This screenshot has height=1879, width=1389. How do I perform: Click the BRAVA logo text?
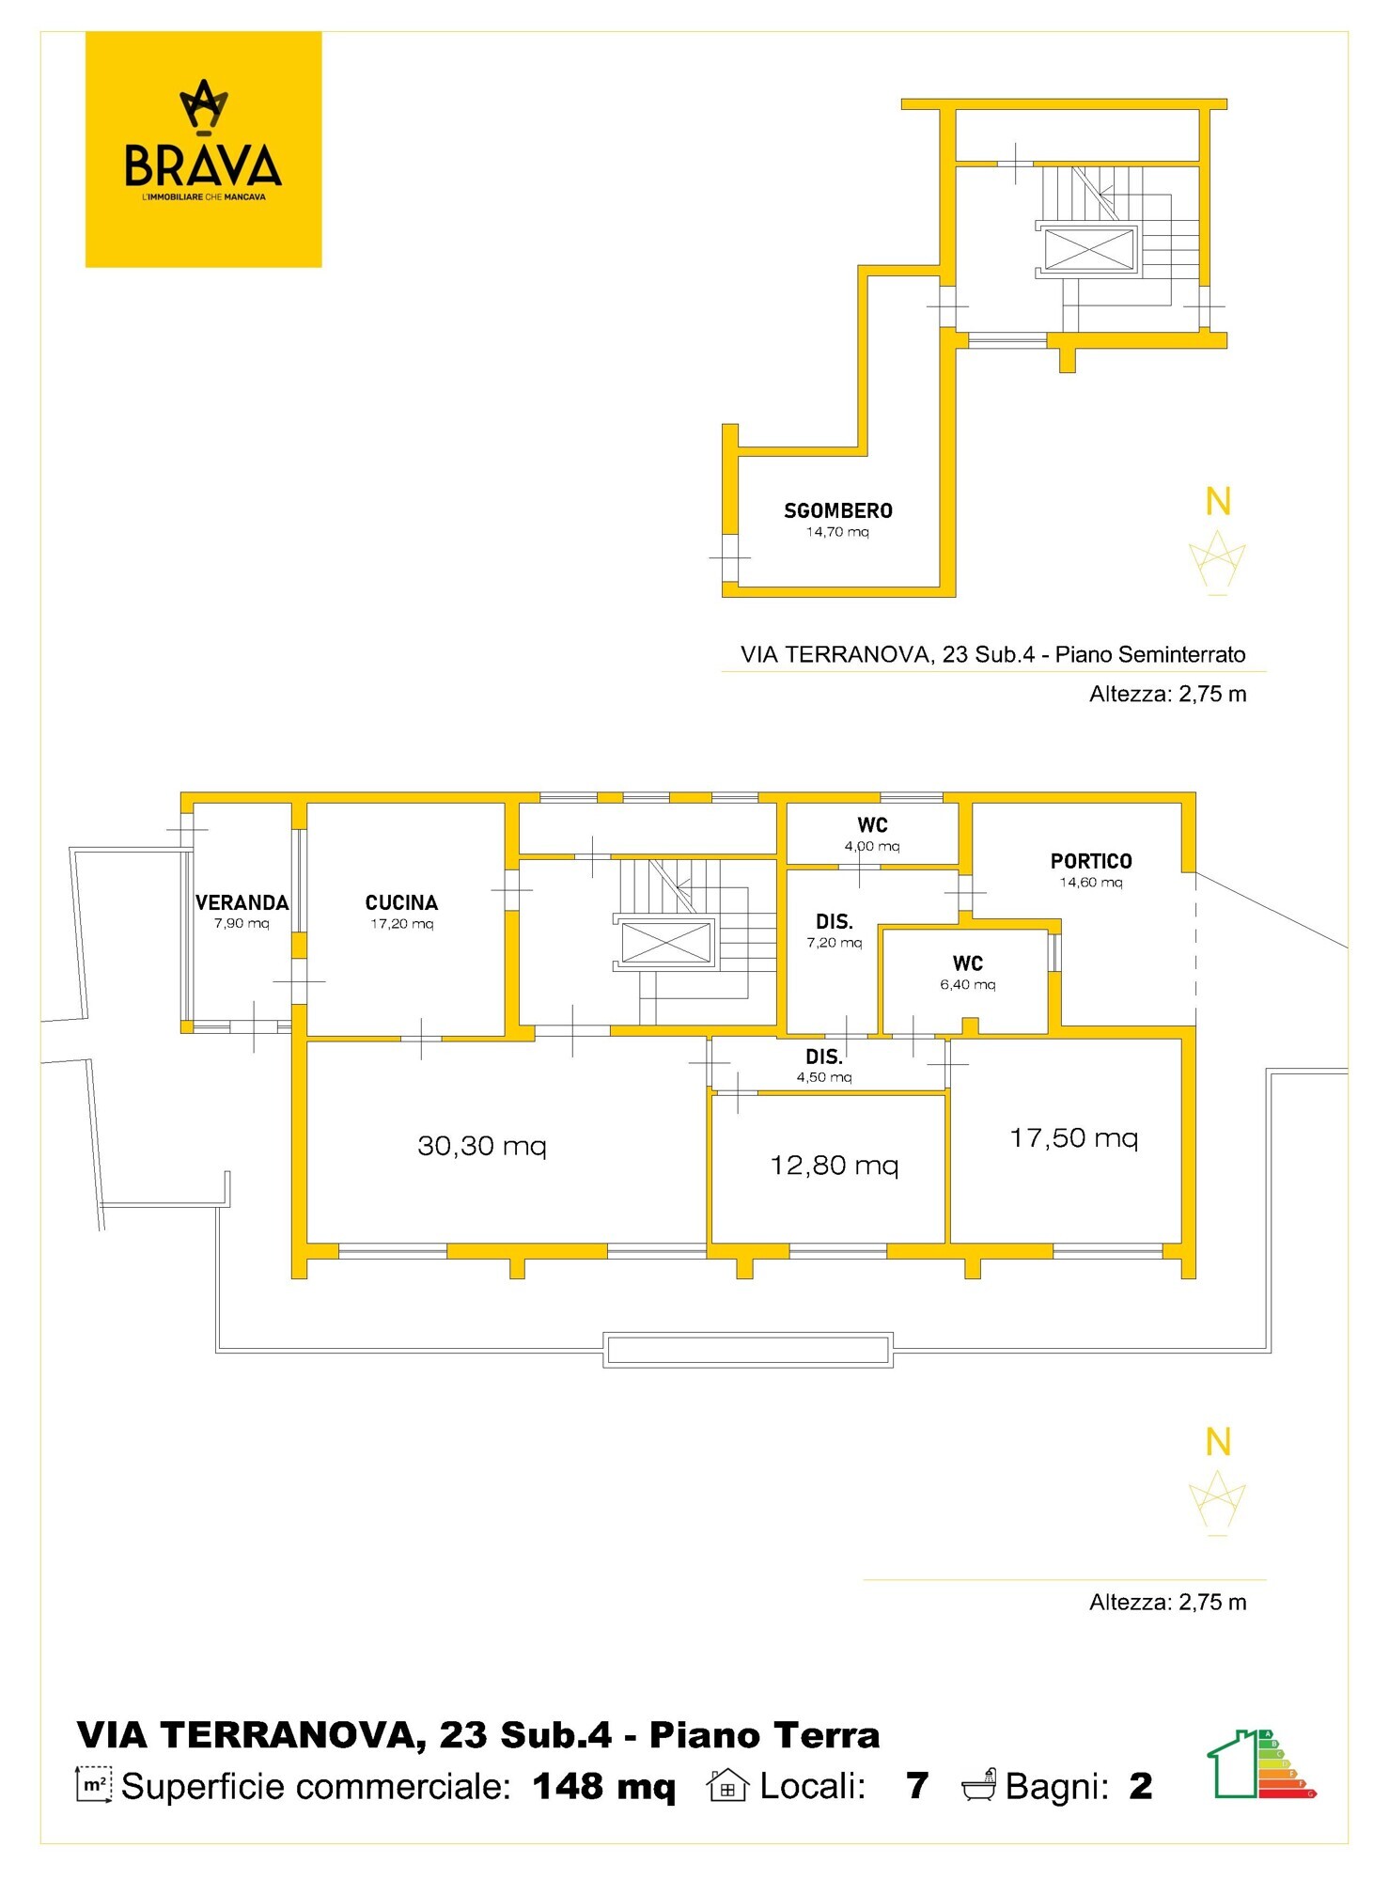[x=203, y=165]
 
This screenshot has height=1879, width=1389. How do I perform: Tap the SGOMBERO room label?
[x=838, y=510]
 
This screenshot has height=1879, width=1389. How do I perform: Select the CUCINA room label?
[x=401, y=902]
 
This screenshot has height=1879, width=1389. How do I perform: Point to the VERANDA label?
[x=242, y=902]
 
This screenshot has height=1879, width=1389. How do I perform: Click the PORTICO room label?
[x=1091, y=861]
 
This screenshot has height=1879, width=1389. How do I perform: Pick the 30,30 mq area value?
[x=482, y=1146]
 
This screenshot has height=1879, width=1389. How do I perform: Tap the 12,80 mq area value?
[x=835, y=1166]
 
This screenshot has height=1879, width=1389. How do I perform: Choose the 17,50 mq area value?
[x=1074, y=1138]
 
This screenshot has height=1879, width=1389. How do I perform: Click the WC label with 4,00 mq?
[x=872, y=825]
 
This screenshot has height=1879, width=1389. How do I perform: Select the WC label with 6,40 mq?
[x=968, y=963]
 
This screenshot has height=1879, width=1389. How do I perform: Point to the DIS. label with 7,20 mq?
[x=835, y=922]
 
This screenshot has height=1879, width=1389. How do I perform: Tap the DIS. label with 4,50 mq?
[x=824, y=1057]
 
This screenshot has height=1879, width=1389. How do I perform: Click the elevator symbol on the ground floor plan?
[x=666, y=942]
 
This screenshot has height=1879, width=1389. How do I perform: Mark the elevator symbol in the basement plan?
[x=1089, y=250]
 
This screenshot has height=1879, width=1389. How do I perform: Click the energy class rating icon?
[x=1261, y=1764]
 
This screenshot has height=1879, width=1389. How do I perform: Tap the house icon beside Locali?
[x=727, y=1785]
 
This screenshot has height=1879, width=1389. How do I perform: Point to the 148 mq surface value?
[x=603, y=1786]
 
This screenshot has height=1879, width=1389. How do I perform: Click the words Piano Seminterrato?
[x=1150, y=654]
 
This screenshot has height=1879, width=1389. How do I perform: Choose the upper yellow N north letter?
[x=1218, y=501]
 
